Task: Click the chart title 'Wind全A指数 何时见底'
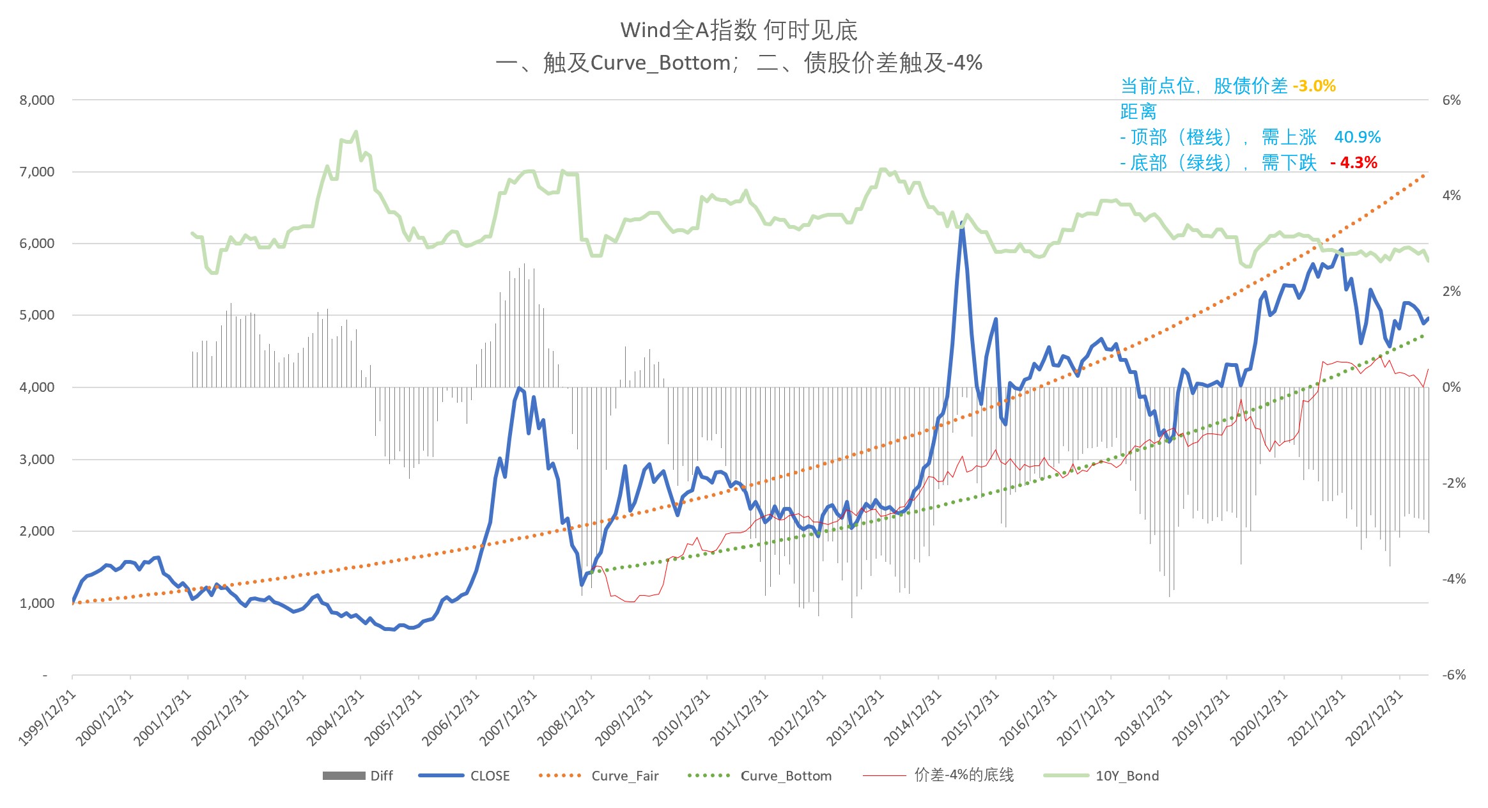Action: [x=739, y=30]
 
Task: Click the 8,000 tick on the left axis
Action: [x=37, y=100]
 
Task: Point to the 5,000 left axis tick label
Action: [x=37, y=315]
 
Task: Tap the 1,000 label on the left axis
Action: [x=37, y=603]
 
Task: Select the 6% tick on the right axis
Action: [x=1452, y=100]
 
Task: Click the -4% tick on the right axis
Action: [x=1453, y=579]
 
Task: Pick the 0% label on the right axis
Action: [x=1452, y=387]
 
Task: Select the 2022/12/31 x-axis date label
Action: [x=1374, y=718]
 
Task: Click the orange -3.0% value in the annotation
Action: [x=1314, y=86]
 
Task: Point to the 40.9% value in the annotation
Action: [x=1357, y=137]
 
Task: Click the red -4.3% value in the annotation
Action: [x=1354, y=162]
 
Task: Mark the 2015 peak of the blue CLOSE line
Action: [x=961, y=223]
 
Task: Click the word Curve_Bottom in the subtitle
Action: [x=660, y=63]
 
